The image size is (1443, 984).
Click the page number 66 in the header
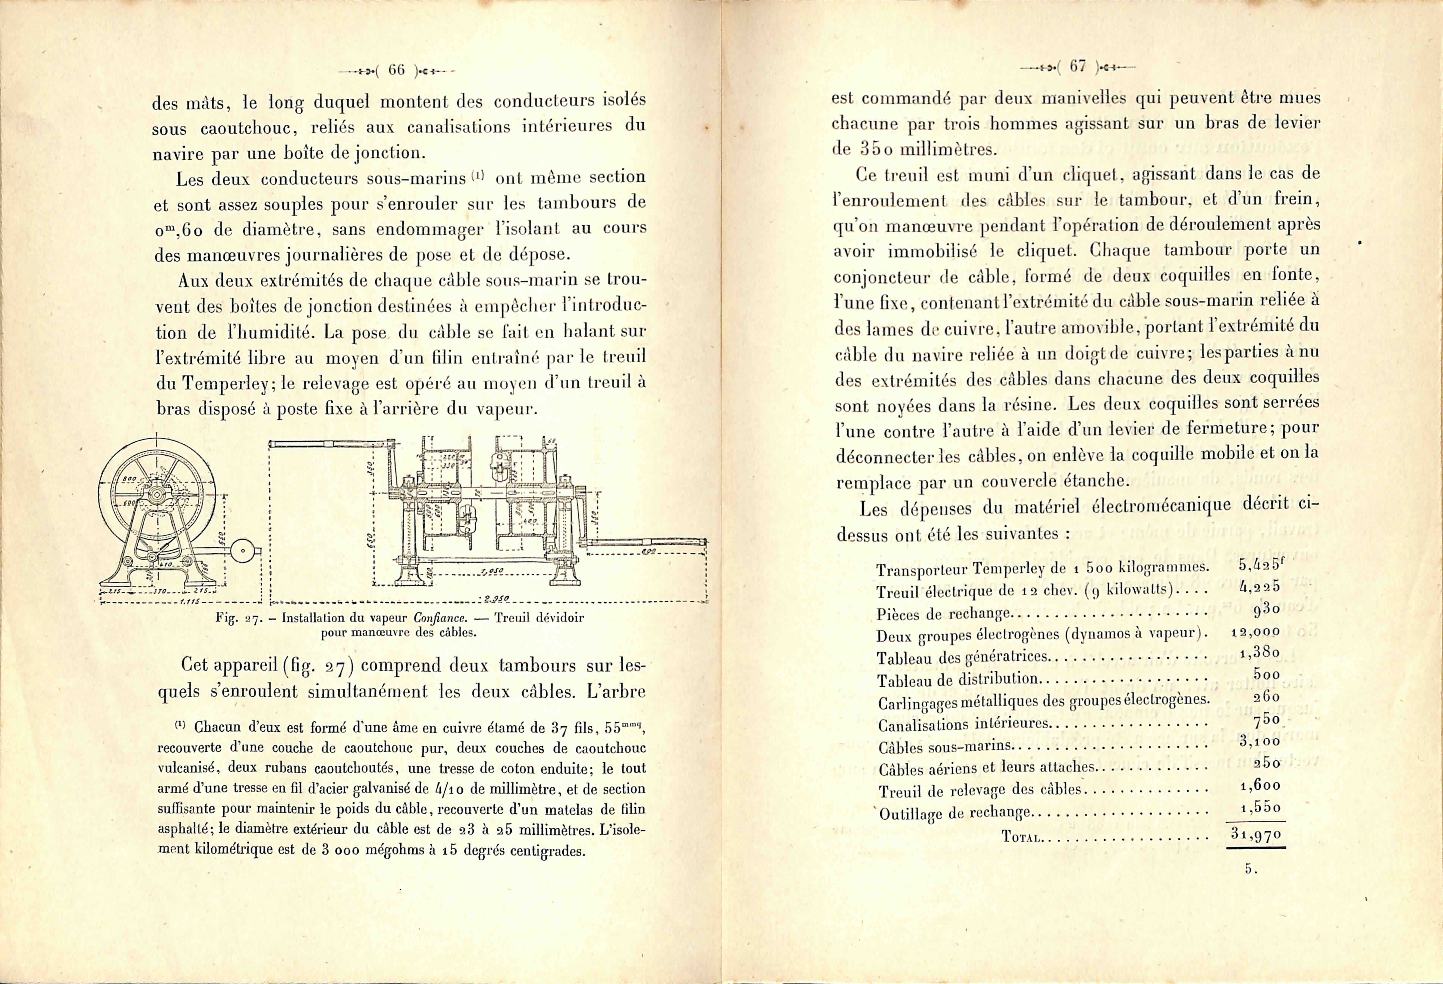[396, 70]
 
